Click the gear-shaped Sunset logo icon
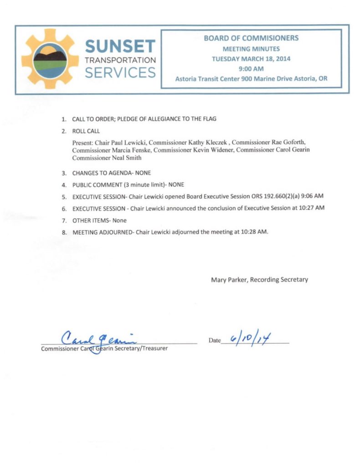(x=50, y=59)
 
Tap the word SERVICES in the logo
(x=120, y=73)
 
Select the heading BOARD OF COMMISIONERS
(x=251, y=39)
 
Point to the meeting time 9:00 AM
(x=251, y=68)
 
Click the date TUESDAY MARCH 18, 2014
(x=251, y=59)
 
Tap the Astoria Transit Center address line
(x=251, y=78)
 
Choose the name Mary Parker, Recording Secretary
(x=259, y=280)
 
